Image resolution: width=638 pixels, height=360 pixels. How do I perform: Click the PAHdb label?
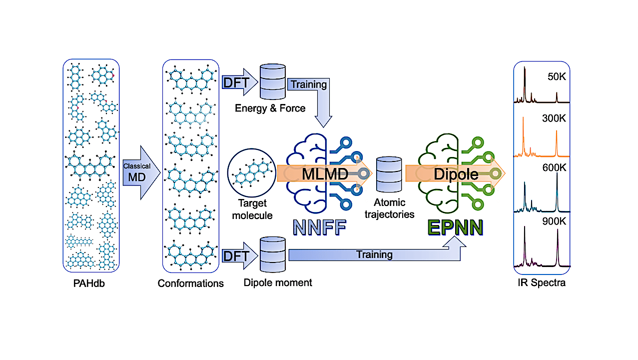click(89, 283)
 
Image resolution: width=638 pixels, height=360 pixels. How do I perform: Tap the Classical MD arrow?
click(141, 172)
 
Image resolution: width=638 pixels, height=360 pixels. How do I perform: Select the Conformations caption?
click(190, 283)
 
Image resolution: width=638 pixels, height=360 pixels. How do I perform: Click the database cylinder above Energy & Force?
click(273, 81)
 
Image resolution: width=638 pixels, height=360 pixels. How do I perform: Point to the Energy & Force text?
click(270, 108)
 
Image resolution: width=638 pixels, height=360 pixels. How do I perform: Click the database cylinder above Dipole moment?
click(273, 254)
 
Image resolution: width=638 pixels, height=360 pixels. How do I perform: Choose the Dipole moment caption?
click(278, 283)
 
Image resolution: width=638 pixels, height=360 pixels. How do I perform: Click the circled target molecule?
click(252, 172)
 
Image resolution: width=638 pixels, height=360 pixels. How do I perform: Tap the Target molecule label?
click(252, 209)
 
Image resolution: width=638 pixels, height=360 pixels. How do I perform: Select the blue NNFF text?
click(320, 227)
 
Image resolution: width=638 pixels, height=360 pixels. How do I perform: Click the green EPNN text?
click(455, 227)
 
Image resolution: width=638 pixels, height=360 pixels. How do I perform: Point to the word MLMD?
click(325, 174)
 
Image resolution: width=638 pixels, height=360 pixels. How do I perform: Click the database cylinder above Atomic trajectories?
click(389, 174)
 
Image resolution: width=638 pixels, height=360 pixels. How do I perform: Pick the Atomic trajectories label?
click(389, 208)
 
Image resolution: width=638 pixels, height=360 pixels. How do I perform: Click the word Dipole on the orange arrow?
click(456, 174)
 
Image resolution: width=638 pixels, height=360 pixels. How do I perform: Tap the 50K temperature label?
click(557, 76)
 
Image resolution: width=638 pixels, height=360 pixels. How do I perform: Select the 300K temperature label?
click(554, 118)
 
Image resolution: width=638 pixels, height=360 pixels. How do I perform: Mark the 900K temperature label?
click(554, 221)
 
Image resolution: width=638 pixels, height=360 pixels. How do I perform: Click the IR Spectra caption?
click(542, 283)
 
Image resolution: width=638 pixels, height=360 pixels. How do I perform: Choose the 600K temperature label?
click(554, 167)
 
